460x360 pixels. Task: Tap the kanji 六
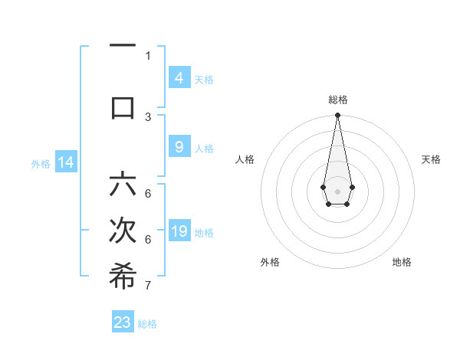[x=123, y=185]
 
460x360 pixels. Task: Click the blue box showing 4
[x=179, y=78]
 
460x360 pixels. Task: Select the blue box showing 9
[x=179, y=147]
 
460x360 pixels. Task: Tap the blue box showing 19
[x=179, y=231]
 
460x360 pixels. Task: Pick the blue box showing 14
[x=65, y=162]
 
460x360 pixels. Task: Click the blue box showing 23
[x=123, y=322]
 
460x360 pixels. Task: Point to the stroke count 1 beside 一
[x=148, y=56]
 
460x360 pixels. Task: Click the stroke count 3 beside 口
[x=148, y=116]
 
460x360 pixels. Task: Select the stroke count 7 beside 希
[x=148, y=286]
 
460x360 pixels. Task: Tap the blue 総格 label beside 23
[x=147, y=324]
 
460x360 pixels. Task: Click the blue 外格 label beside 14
[x=40, y=163]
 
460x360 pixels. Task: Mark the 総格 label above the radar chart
[x=337, y=100]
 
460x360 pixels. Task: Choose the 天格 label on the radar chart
[x=431, y=159]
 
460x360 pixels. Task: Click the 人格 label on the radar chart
[x=245, y=159]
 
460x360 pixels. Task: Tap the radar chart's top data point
[x=337, y=116]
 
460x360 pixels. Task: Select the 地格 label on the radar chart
[x=402, y=262]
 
